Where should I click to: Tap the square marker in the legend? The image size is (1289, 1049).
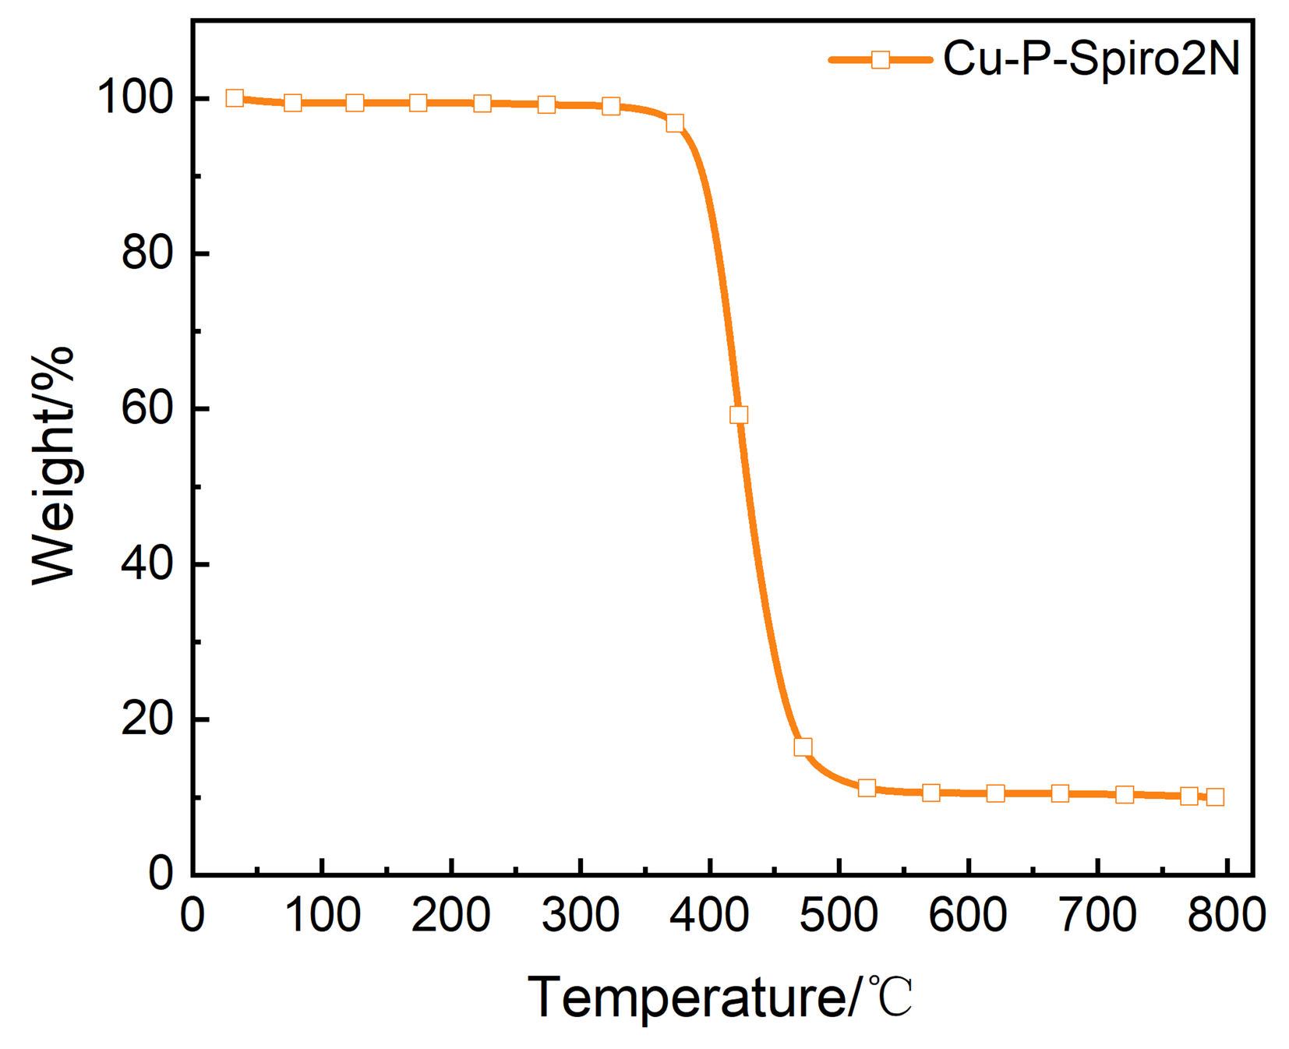click(x=880, y=59)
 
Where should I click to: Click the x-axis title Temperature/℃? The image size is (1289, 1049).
click(x=719, y=997)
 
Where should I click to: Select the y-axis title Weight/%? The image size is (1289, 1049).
click(x=53, y=465)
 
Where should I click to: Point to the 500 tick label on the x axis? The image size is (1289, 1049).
click(x=839, y=915)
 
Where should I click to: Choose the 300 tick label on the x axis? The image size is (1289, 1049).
click(x=581, y=915)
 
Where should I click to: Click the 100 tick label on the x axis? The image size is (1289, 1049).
click(x=322, y=915)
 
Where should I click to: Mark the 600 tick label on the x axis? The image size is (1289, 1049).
click(x=968, y=915)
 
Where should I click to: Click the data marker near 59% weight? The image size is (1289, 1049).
click(x=739, y=415)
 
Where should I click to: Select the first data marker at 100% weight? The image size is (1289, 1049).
click(x=235, y=98)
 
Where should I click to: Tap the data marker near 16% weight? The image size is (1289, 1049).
click(x=803, y=747)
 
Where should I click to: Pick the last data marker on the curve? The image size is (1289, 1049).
click(x=1215, y=796)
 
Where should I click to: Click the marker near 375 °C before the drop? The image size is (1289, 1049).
click(x=675, y=123)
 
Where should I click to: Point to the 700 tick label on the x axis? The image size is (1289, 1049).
click(x=1097, y=915)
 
